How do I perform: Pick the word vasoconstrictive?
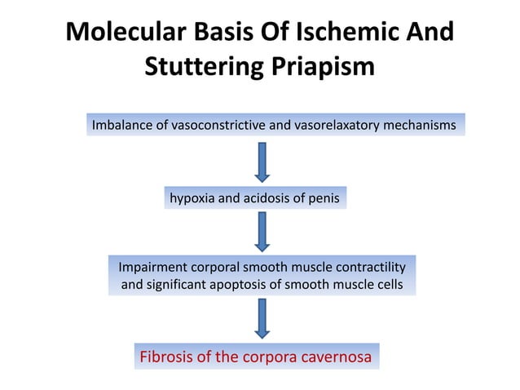217,126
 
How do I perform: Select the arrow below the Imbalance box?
261,162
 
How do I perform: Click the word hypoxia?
193,198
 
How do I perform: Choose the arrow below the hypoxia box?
261,232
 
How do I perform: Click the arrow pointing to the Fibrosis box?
261,318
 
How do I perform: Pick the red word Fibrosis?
167,357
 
